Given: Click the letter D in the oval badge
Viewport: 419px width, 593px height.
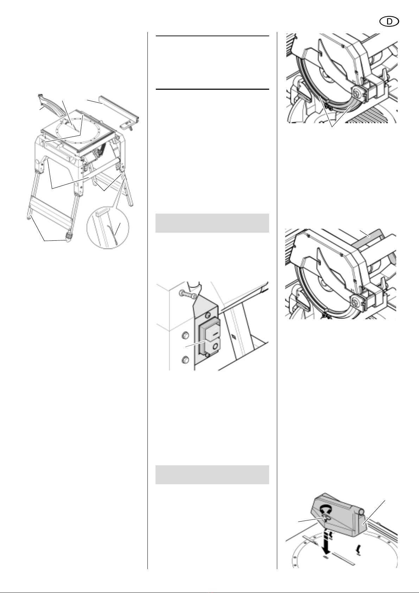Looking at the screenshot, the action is click(x=389, y=22).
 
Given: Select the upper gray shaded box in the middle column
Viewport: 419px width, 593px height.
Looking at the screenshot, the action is click(x=212, y=223).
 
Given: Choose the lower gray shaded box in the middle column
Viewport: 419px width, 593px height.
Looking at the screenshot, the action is click(x=212, y=475).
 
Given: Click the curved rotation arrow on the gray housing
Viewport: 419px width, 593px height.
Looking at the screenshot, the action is click(x=325, y=509).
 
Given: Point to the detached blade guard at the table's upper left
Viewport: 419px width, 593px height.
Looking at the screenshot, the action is click(x=51, y=104).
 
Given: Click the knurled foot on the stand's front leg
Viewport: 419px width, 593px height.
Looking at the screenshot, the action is click(x=69, y=234).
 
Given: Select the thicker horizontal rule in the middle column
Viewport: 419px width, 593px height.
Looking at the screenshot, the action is click(x=212, y=89).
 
